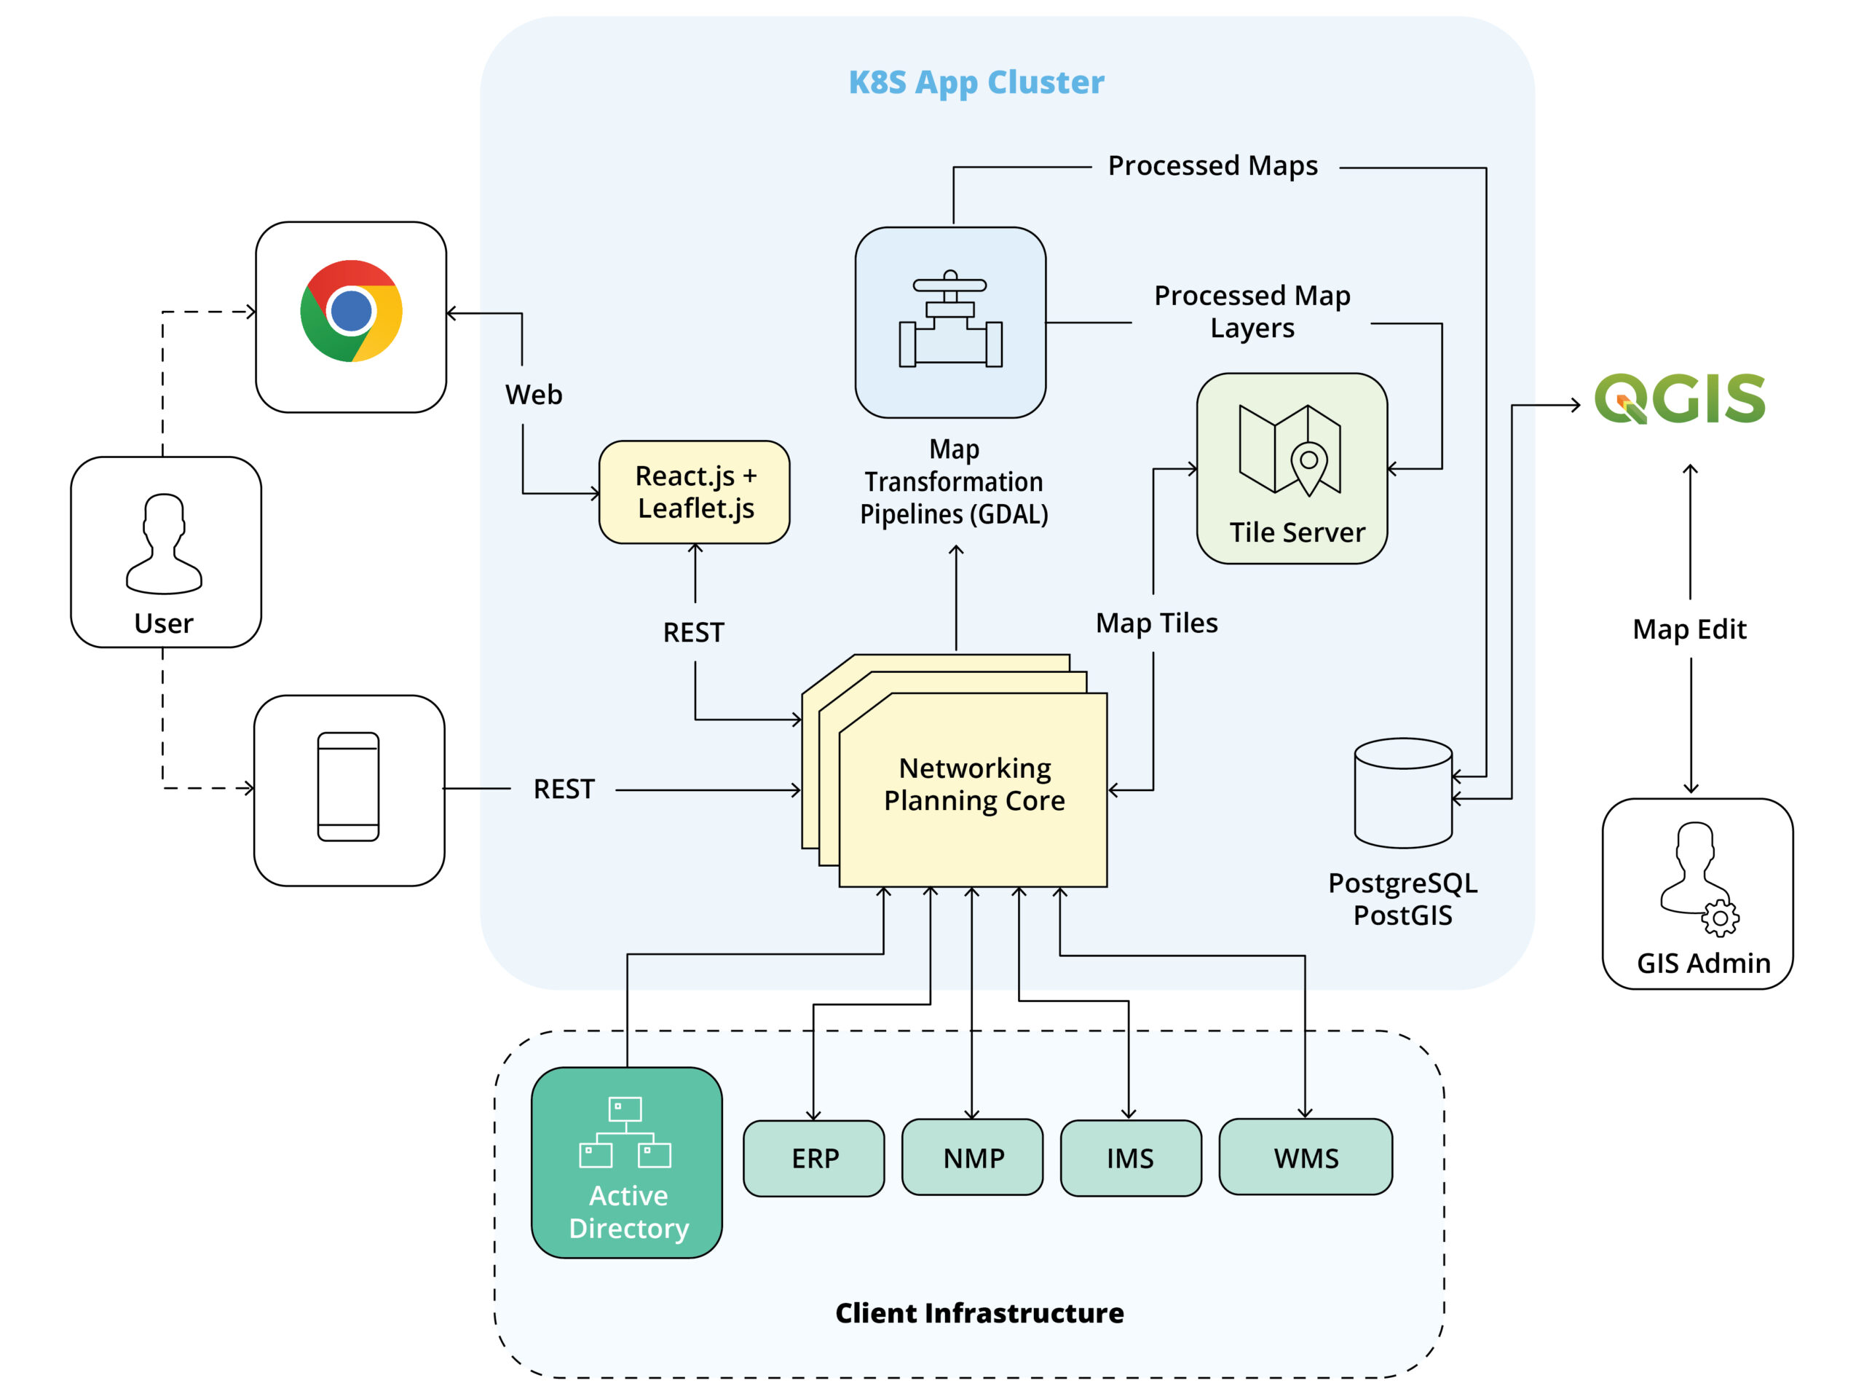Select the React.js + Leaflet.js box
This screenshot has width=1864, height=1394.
(695, 492)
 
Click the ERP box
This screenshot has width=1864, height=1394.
(814, 1158)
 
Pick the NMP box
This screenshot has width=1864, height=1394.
(973, 1157)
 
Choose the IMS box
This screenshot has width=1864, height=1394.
(1131, 1158)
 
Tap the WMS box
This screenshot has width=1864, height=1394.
(1306, 1157)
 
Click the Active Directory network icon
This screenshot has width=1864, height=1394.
(625, 1132)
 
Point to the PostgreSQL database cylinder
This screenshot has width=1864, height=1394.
(1403, 793)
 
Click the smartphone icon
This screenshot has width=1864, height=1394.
(348, 787)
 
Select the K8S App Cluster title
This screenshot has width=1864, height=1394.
(976, 82)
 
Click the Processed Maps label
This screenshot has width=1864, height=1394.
(1212, 166)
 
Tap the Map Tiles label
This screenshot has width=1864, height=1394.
(1156, 623)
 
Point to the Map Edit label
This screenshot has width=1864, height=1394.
(1689, 629)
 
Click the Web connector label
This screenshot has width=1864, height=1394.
(534, 395)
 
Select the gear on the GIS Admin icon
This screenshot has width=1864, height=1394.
(1720, 918)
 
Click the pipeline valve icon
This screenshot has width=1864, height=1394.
(950, 320)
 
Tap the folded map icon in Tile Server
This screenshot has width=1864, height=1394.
(1290, 449)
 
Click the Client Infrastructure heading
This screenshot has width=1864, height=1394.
(979, 1313)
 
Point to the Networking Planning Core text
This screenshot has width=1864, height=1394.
(974, 784)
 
